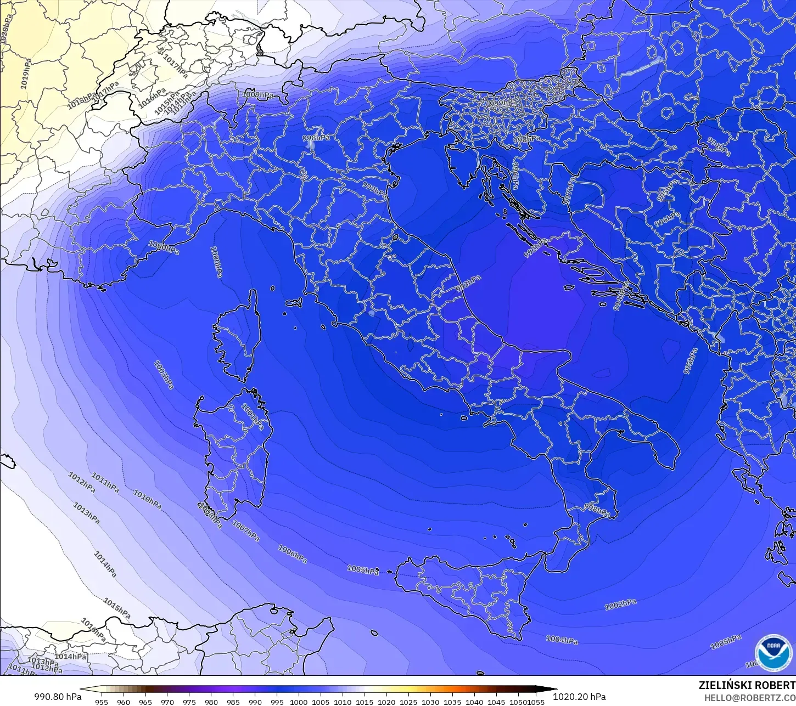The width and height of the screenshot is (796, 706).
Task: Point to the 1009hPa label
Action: coord(257,95)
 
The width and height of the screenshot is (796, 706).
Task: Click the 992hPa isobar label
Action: coord(535,248)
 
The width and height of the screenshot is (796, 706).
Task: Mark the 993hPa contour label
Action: coord(468,284)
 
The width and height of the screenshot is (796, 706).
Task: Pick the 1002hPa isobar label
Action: coord(620,604)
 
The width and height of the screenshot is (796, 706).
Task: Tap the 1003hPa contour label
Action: coord(164,375)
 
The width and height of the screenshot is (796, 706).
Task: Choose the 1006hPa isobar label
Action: coord(292,554)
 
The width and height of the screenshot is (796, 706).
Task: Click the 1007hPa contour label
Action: coord(245,531)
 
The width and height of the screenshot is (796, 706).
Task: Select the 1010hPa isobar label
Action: coord(147,499)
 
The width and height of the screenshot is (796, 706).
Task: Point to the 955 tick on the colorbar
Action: coord(102,702)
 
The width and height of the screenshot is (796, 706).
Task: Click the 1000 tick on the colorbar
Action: coord(299,702)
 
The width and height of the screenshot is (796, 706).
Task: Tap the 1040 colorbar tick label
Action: coord(474,702)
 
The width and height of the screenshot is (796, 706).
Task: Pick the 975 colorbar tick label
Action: coord(189,702)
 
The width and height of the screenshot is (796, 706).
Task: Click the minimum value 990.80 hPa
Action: coord(58,697)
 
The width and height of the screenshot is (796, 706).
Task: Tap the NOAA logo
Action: coord(773,652)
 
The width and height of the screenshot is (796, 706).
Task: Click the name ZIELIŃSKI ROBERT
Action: coord(747,685)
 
